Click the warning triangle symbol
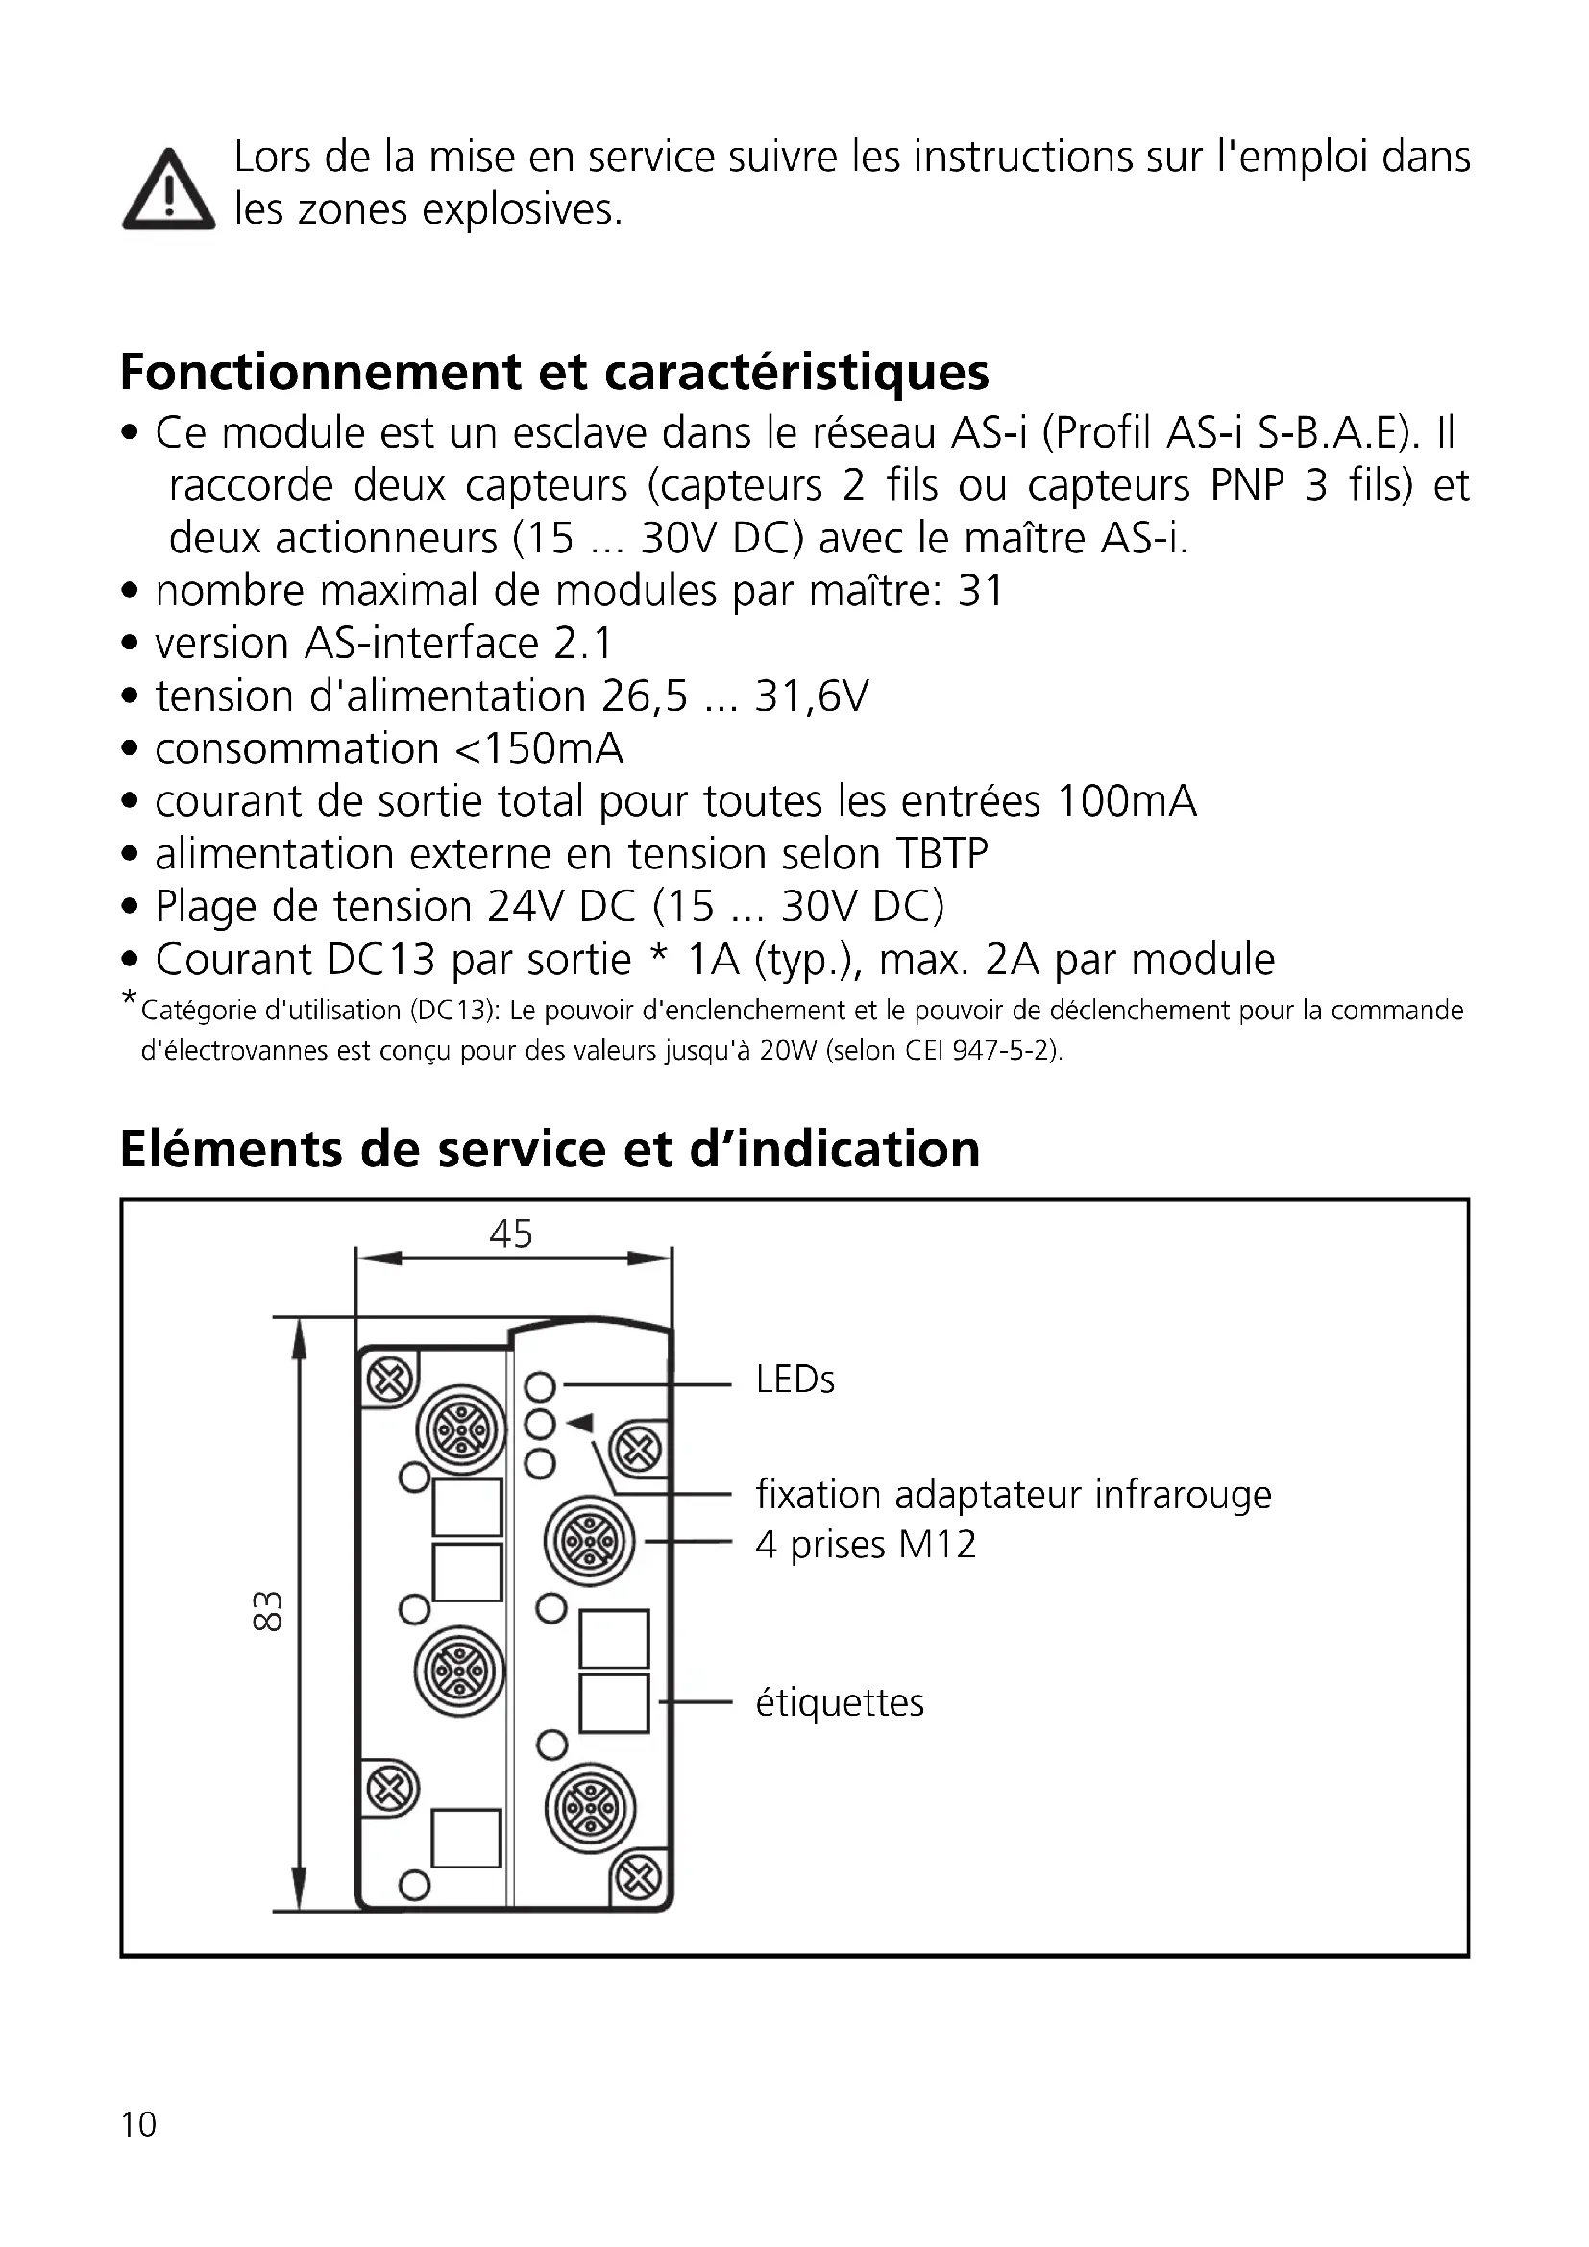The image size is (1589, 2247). click(x=168, y=191)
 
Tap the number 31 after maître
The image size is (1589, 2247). click(x=981, y=591)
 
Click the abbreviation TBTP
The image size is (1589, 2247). click(x=941, y=854)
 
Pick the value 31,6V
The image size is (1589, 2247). click(x=811, y=696)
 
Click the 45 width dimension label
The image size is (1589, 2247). click(x=511, y=1234)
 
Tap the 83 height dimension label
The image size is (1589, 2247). click(x=267, y=1610)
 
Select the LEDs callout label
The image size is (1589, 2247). click(x=794, y=1380)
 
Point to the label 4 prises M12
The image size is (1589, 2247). click(x=866, y=1546)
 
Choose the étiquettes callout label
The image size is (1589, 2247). click(x=840, y=1703)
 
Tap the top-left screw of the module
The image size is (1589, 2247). click(x=390, y=1380)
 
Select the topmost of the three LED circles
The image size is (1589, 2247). click(x=540, y=1387)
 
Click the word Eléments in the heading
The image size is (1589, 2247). click(x=232, y=1150)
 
